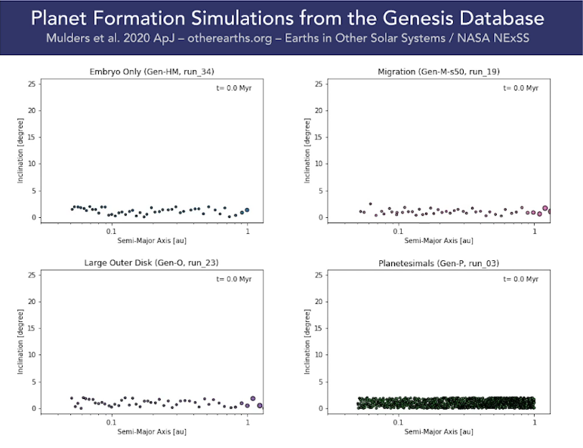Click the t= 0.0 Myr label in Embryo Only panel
pyautogui.click(x=235, y=88)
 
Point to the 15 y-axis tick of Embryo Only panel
pyautogui.click(x=32, y=137)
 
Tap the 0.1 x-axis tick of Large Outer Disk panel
pyautogui.click(x=111, y=422)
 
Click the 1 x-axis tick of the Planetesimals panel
pyautogui.click(x=535, y=422)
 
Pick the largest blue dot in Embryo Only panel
pyautogui.click(x=246, y=210)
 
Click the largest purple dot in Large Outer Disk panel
pyautogui.click(x=253, y=399)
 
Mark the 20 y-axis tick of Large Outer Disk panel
pyautogui.click(x=32, y=301)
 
